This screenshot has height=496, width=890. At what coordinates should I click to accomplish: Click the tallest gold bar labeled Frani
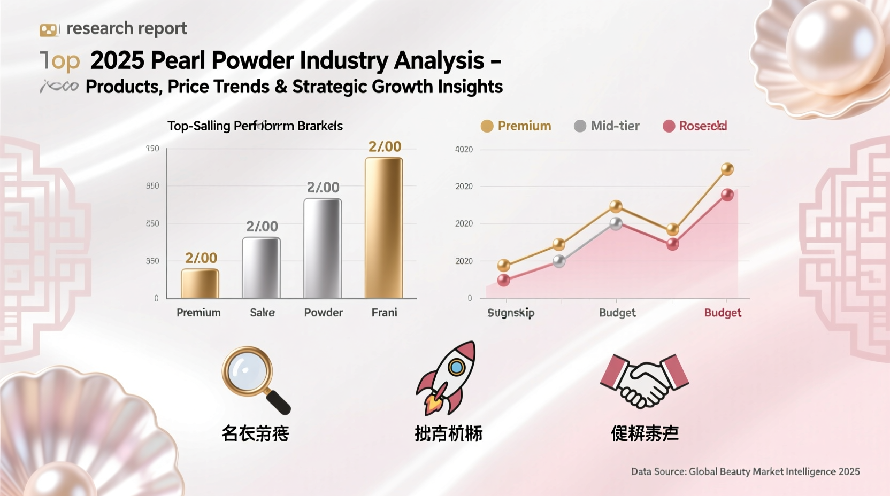[x=383, y=228]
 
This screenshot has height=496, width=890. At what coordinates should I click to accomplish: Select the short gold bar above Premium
[x=200, y=283]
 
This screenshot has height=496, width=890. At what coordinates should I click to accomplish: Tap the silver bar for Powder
[x=323, y=248]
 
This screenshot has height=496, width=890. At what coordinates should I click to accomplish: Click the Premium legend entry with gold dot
[x=516, y=126]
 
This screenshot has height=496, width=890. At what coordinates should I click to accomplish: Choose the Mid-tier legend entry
[x=607, y=126]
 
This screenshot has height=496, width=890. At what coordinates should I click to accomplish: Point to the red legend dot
[x=669, y=126]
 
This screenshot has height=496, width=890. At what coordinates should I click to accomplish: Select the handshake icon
[x=645, y=381]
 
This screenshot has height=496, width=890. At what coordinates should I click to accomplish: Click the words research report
[x=126, y=28]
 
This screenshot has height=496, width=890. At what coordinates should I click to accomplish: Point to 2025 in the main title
[x=117, y=60]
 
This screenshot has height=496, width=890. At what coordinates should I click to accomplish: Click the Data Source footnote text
[x=745, y=471]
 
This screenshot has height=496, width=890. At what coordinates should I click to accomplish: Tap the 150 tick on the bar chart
[x=152, y=149]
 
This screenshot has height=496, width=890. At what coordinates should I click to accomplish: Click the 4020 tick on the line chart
[x=464, y=150]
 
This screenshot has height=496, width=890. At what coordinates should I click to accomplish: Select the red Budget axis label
[x=723, y=313]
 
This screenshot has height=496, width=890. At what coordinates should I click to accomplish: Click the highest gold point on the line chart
[x=727, y=169]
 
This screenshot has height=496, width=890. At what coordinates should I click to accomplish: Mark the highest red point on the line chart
[x=727, y=195]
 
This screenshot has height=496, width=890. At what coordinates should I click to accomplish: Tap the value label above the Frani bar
[x=385, y=146]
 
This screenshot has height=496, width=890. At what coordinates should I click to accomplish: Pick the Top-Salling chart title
[x=255, y=126]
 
